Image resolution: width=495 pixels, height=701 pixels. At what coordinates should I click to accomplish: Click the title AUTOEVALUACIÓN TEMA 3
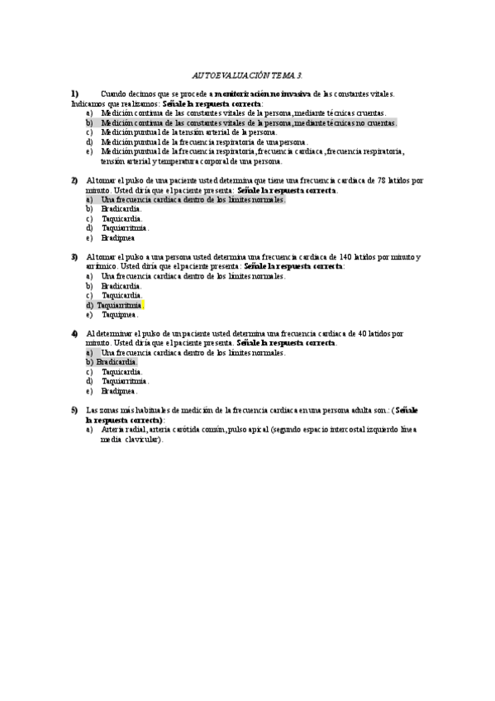[x=246, y=74]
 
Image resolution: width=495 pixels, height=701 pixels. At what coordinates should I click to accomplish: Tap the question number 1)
[x=74, y=94]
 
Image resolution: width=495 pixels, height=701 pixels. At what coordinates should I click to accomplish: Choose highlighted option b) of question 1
[x=248, y=122]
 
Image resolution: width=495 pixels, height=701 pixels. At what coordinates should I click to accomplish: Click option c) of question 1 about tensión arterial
[x=189, y=131]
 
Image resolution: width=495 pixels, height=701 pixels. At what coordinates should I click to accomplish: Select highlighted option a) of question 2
[x=193, y=199]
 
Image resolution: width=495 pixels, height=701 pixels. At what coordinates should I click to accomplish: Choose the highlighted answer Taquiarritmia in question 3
[x=119, y=305]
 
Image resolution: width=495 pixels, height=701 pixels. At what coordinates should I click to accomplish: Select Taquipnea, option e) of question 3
[x=119, y=314]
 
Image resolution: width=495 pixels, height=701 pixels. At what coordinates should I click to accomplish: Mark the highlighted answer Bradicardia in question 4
[x=117, y=362]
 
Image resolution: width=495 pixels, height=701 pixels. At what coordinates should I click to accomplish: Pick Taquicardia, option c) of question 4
[x=121, y=372]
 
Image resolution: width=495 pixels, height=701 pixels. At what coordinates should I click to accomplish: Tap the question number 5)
[x=74, y=410]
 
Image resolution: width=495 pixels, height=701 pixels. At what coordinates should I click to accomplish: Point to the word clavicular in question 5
[x=144, y=440]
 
